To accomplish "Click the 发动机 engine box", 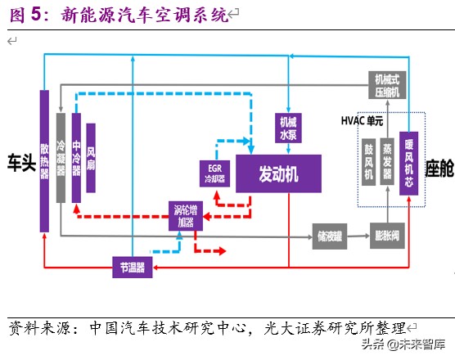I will coord(278,173).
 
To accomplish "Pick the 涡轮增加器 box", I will coord(186,214).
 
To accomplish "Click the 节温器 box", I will coord(133,267).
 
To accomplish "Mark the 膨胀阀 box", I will coord(387,234).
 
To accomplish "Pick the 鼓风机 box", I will coord(368,164).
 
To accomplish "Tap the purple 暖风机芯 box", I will coord(408,164).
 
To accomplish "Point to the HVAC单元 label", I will coord(366,120).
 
